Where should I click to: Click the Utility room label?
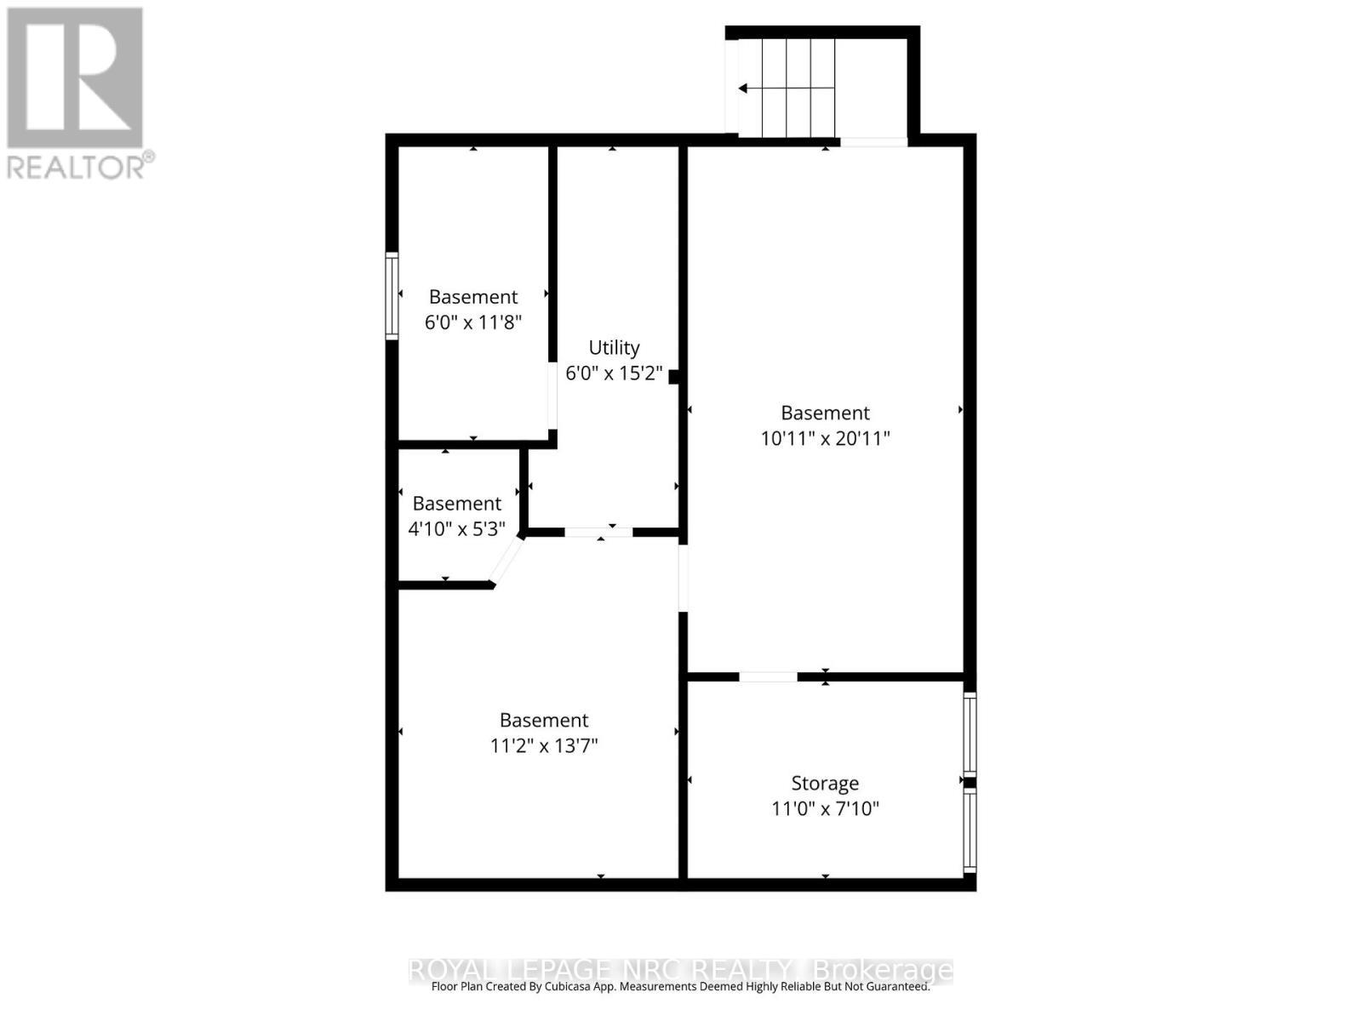click(x=614, y=348)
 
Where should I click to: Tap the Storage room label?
click(x=825, y=783)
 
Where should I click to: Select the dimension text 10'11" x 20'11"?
click(x=825, y=438)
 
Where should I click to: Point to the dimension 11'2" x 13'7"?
click(x=544, y=746)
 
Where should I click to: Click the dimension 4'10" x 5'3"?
click(x=457, y=529)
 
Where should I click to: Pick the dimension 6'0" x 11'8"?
click(x=473, y=322)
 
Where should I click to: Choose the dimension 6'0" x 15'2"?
click(x=614, y=373)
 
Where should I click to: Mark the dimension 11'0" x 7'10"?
click(x=825, y=808)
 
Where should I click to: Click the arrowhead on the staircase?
click(x=743, y=88)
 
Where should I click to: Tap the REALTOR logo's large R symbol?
click(x=75, y=78)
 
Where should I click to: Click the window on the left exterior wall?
click(x=392, y=296)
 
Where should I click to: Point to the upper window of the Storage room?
click(x=969, y=733)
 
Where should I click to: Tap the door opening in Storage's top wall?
click(x=768, y=677)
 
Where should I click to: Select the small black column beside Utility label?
click(x=673, y=376)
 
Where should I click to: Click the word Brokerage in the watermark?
click(x=883, y=970)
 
